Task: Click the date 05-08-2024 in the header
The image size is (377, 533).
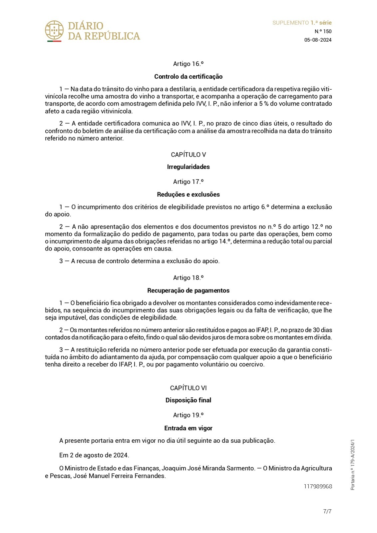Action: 318,40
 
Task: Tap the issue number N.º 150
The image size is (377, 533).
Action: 323,31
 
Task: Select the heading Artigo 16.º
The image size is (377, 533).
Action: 188,64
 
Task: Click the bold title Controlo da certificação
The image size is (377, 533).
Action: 188,77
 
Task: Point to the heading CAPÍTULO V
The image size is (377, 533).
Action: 188,155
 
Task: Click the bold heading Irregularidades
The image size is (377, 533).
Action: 188,167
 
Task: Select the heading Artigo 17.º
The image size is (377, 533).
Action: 188,182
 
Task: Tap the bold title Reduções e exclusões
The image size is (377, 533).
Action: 188,195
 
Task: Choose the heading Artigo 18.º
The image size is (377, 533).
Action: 188,278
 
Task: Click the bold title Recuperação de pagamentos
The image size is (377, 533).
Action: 188,290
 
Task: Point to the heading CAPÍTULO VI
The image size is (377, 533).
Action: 188,388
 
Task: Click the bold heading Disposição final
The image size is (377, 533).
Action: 188,400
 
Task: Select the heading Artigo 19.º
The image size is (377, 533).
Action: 188,415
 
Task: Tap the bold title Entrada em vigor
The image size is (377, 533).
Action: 188,428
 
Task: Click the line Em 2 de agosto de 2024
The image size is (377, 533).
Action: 94,455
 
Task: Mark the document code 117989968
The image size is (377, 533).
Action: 318,486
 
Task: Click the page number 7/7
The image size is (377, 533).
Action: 327,511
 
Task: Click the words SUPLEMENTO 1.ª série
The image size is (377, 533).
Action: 302,23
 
